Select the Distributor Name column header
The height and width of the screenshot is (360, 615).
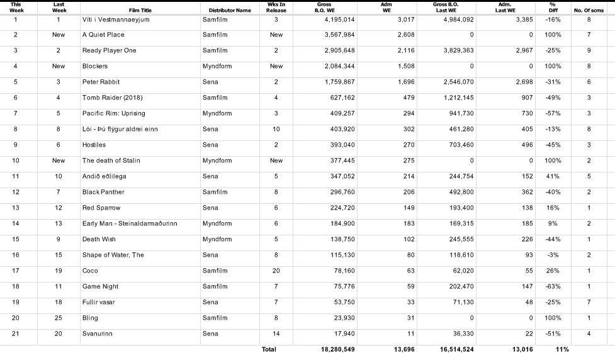226,10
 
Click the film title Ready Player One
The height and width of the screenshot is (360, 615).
110,51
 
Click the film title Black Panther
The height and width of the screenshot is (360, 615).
103,192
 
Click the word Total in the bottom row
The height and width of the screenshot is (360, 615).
269,349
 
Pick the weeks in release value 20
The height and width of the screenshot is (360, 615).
276,271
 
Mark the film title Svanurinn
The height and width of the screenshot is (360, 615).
98,334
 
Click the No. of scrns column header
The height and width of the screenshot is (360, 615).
589,10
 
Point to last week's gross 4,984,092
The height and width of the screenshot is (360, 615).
454,20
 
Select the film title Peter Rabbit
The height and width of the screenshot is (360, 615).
101,82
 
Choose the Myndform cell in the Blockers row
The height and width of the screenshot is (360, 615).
217,66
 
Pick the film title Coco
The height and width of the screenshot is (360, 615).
90,271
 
